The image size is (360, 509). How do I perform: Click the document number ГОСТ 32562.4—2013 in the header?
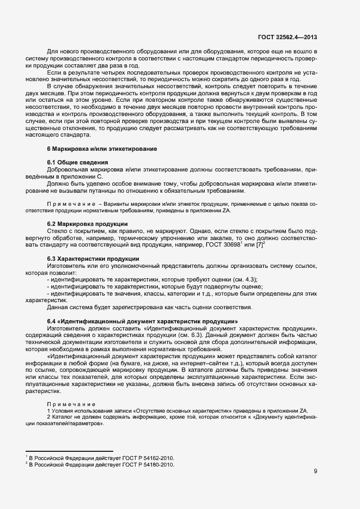[x=288, y=38]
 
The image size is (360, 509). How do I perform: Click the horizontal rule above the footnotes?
[x=69, y=451]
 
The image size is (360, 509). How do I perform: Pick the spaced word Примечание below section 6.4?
[x=71, y=404]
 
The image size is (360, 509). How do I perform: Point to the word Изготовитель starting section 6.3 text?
[x=68, y=265]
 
